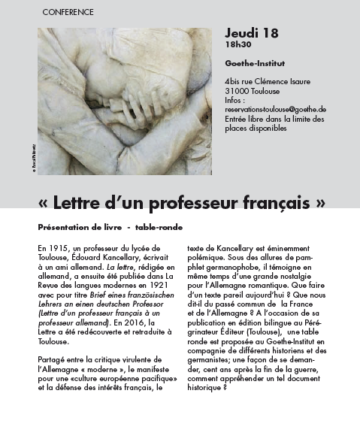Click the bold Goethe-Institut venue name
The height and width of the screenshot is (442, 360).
pyautogui.click(x=252, y=63)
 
